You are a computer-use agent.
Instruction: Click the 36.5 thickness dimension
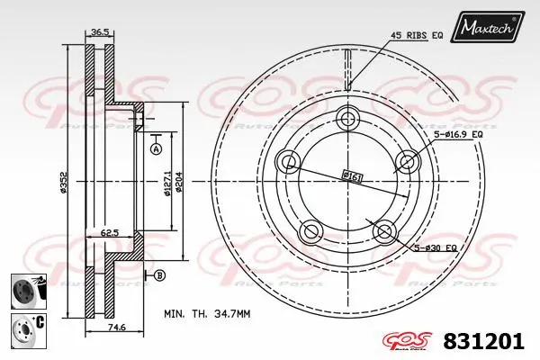(x=99, y=33)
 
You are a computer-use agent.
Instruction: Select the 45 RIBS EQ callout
(x=416, y=35)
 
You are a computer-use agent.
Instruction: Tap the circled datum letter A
(x=155, y=148)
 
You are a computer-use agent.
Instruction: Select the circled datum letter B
(x=160, y=274)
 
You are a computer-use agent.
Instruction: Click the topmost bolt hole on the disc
(x=349, y=120)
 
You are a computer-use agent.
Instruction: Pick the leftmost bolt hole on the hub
(x=290, y=162)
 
